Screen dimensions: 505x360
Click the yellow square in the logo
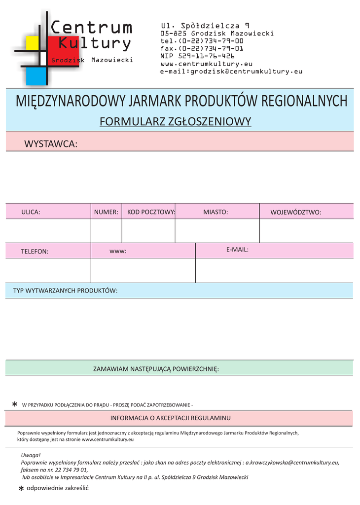click(x=32, y=43)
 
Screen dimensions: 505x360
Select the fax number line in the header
click(x=202, y=48)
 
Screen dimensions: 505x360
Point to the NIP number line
click(x=197, y=56)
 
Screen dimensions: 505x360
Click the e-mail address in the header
click(x=231, y=71)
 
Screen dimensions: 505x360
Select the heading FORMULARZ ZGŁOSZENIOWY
click(x=176, y=121)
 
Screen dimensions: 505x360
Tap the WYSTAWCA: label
click(x=51, y=144)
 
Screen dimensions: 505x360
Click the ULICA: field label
click(x=31, y=212)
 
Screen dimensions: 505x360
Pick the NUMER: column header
click(x=106, y=212)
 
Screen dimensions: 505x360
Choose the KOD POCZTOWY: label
click(x=151, y=212)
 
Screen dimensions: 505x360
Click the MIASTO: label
click(x=216, y=212)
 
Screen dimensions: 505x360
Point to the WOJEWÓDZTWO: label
click(x=296, y=213)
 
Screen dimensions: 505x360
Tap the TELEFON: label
click(x=35, y=252)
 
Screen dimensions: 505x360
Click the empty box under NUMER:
click(x=106, y=231)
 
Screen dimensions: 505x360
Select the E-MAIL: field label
click(x=237, y=250)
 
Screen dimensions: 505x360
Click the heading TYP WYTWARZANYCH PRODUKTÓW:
click(x=65, y=290)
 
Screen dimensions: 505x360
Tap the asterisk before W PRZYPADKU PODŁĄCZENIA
click(x=15, y=405)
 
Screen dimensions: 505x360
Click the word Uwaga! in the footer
click(x=31, y=455)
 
